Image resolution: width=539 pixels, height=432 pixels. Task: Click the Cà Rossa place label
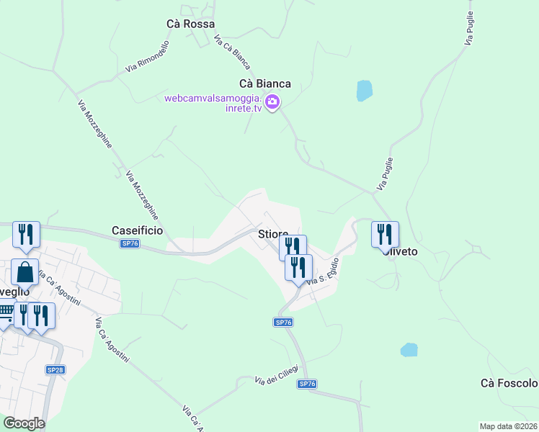[x=190, y=24]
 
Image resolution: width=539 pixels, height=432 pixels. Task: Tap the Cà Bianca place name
[x=265, y=84]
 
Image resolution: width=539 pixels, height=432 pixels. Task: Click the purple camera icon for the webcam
[x=272, y=102]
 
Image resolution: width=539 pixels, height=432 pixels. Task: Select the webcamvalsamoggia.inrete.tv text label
[x=213, y=103]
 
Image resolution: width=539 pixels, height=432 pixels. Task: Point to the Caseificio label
[x=137, y=230]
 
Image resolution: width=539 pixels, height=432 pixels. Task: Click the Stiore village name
[x=272, y=234]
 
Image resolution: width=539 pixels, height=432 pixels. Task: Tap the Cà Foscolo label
[x=509, y=383]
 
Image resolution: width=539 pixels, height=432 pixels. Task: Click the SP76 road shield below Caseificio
[x=130, y=244]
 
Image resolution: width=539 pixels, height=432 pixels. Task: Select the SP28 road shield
[x=55, y=369]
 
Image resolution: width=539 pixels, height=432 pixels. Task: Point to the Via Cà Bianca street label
[x=232, y=54]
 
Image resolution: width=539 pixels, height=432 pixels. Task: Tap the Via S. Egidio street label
[x=323, y=271]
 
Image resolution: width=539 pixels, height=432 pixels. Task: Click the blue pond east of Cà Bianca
[x=365, y=91]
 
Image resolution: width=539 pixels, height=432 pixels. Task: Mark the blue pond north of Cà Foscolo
[x=409, y=351]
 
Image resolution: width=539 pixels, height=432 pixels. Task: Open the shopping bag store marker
[x=24, y=272]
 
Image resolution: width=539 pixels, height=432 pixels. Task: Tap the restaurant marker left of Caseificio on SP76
[x=26, y=234]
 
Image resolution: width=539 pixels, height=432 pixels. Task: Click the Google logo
[x=24, y=423]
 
